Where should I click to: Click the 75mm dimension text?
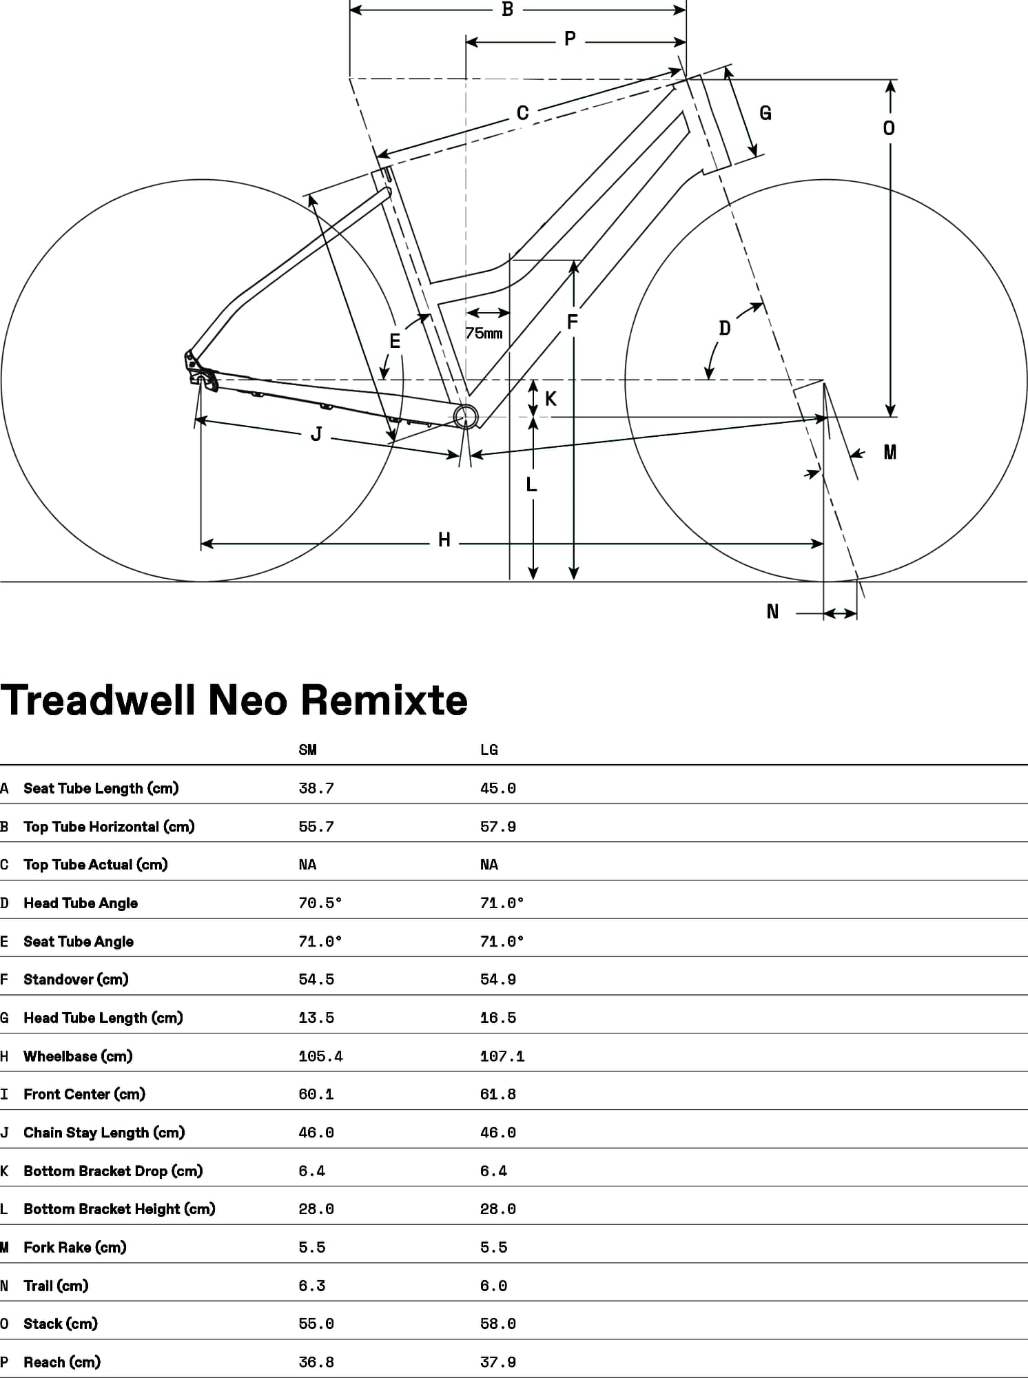pyautogui.click(x=484, y=333)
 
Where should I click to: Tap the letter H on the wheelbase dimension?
pyautogui.click(x=444, y=540)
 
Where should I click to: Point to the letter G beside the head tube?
pyautogui.click(x=765, y=113)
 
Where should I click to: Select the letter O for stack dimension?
pyautogui.click(x=889, y=128)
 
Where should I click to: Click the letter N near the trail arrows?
pyautogui.click(x=772, y=612)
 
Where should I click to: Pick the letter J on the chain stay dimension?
pyautogui.click(x=316, y=434)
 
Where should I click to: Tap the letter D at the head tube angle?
pyautogui.click(x=724, y=328)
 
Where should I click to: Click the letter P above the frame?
pyautogui.click(x=570, y=39)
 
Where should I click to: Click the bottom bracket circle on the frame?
pyautogui.click(x=466, y=416)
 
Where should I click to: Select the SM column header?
pyautogui.click(x=307, y=750)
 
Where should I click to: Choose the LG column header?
pyautogui.click(x=489, y=750)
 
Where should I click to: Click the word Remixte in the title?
pyautogui.click(x=384, y=700)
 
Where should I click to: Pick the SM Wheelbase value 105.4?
pyautogui.click(x=320, y=1056)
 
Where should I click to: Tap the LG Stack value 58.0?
pyautogui.click(x=497, y=1324)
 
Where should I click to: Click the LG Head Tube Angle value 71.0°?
pyautogui.click(x=502, y=903)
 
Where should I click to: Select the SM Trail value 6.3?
pyautogui.click(x=311, y=1286)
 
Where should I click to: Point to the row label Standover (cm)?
pyautogui.click(x=76, y=979)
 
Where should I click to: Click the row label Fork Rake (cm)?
pyautogui.click(x=74, y=1247)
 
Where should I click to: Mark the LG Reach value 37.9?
pyautogui.click(x=497, y=1362)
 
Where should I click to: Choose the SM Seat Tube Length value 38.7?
pyautogui.click(x=316, y=788)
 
